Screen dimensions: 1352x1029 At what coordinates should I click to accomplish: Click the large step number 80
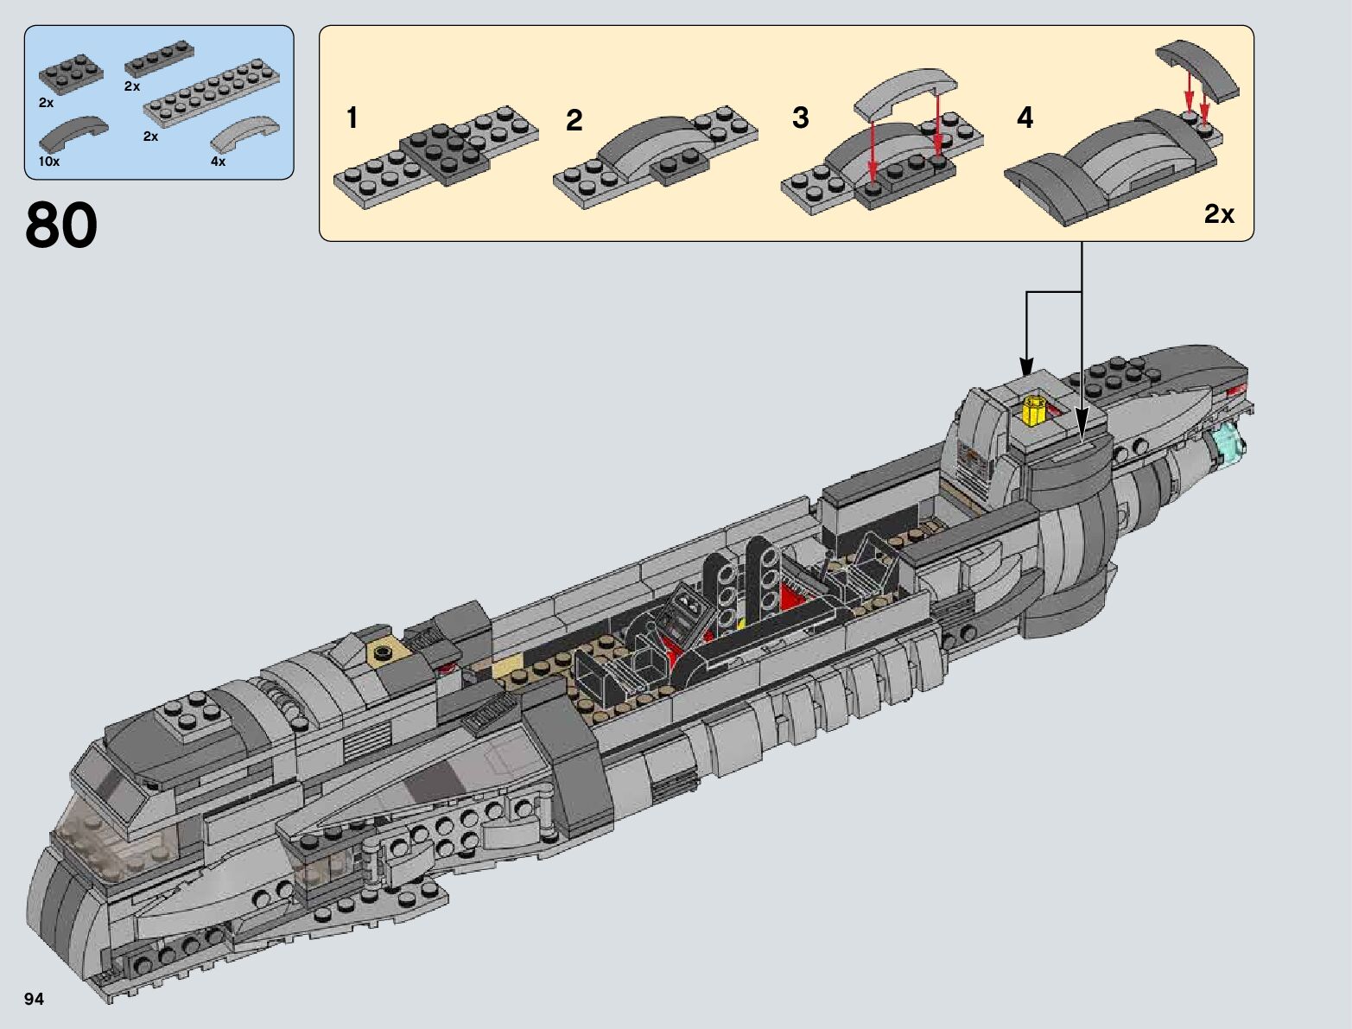click(61, 225)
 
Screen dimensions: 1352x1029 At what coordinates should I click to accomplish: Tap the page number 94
click(35, 1000)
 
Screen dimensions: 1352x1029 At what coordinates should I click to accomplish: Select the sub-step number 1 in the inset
click(352, 118)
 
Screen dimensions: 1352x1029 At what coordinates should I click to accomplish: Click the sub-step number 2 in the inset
click(574, 121)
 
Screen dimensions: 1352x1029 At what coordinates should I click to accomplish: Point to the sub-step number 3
click(800, 118)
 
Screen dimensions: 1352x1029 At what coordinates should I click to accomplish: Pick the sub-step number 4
click(1025, 118)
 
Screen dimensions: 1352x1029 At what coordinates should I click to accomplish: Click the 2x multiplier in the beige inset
click(1219, 214)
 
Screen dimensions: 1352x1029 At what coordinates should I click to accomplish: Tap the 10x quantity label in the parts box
click(48, 162)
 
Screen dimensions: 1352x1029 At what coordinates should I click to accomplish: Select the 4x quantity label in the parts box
click(218, 162)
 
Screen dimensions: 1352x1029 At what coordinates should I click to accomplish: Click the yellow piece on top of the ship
click(1033, 410)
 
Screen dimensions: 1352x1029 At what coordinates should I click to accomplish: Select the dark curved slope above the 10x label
click(73, 133)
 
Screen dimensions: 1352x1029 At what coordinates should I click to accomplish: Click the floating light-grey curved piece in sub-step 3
click(905, 90)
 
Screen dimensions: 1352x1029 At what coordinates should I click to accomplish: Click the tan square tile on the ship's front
click(384, 652)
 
